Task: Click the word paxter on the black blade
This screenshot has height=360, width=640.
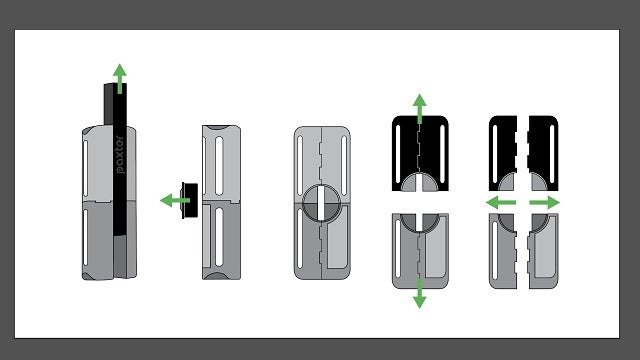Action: (x=120, y=155)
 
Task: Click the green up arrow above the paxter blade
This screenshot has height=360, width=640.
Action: (x=120, y=79)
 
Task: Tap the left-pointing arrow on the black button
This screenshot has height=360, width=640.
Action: (x=175, y=200)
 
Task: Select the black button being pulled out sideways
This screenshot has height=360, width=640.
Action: (x=190, y=200)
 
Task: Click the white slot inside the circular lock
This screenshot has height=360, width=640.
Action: (x=321, y=203)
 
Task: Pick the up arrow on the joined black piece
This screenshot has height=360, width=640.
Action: (x=420, y=109)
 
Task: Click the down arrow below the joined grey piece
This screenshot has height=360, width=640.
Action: (x=420, y=293)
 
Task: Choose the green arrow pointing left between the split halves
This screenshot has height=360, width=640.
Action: (x=501, y=202)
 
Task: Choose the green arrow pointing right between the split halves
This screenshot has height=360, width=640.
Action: (x=544, y=202)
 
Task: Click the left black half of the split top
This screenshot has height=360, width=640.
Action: (x=503, y=153)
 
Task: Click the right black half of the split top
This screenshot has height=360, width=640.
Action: (x=543, y=153)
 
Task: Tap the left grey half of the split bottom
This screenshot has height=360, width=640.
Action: (x=503, y=251)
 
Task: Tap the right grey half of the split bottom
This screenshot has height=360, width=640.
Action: (x=543, y=251)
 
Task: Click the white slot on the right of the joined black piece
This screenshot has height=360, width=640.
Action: (x=442, y=154)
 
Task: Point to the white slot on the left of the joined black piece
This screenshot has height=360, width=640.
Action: (x=398, y=154)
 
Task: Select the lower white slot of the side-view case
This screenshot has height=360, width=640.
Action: (x=219, y=237)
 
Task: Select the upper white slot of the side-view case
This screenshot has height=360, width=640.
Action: (x=219, y=166)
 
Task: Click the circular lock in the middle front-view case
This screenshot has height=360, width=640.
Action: (x=321, y=203)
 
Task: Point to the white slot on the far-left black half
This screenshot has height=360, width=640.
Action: (x=495, y=154)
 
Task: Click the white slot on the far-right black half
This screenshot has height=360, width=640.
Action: (x=552, y=154)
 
